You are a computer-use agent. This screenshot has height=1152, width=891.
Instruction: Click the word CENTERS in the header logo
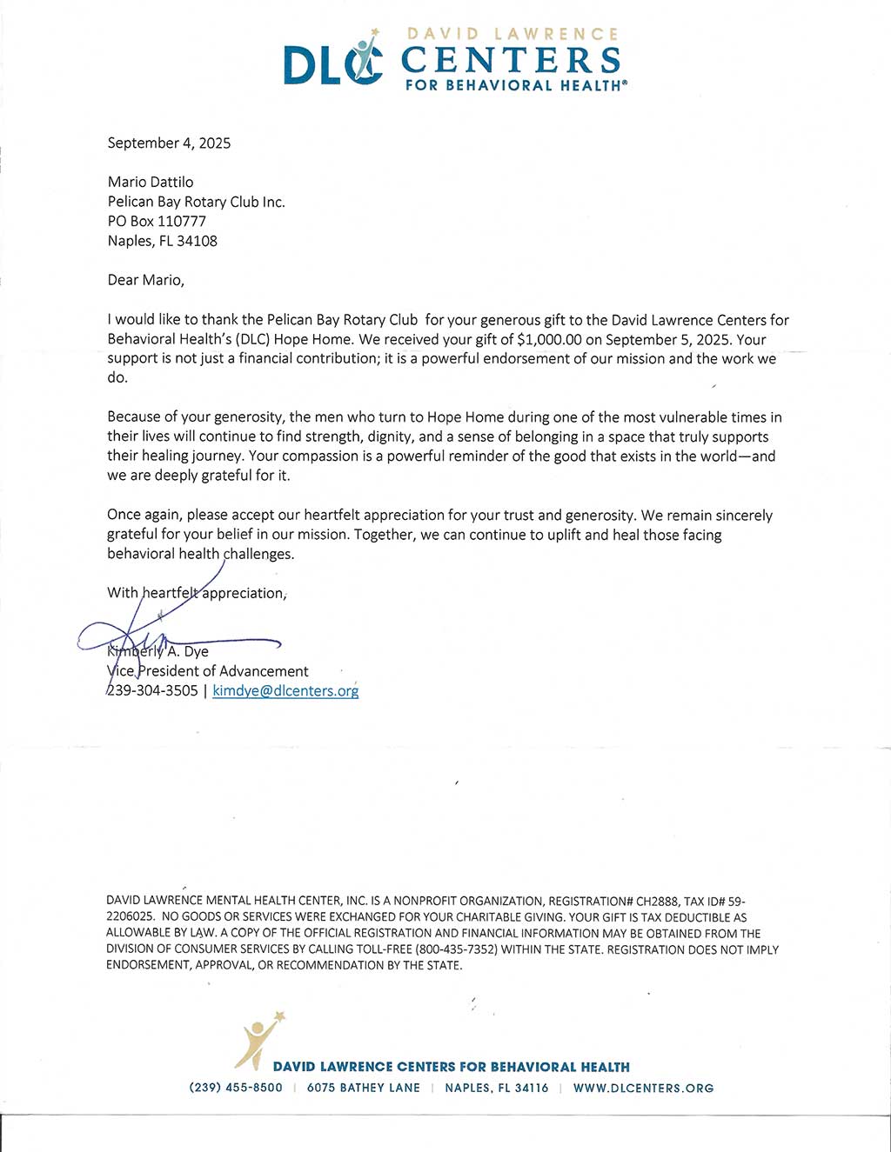(511, 60)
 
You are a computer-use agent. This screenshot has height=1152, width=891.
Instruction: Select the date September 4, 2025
(169, 143)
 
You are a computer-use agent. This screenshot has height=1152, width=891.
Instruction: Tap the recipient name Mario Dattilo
(151, 182)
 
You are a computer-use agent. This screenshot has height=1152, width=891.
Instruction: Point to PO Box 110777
(157, 221)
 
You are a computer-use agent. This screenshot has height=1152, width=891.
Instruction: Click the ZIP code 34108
(197, 241)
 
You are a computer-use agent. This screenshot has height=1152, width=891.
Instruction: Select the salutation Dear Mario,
(145, 280)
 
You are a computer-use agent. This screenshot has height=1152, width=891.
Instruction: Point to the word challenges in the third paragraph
(258, 554)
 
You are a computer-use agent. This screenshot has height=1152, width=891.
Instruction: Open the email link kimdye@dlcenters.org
(285, 691)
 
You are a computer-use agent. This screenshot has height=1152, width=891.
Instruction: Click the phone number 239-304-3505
(152, 691)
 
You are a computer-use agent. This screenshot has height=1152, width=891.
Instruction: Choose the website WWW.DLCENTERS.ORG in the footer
(643, 1089)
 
